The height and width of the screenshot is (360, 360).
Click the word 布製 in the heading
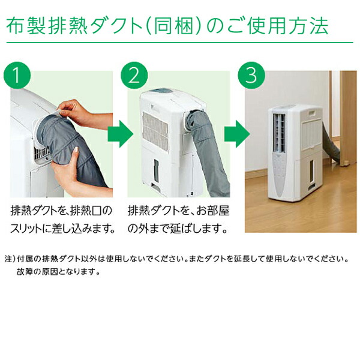click(x=22, y=25)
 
